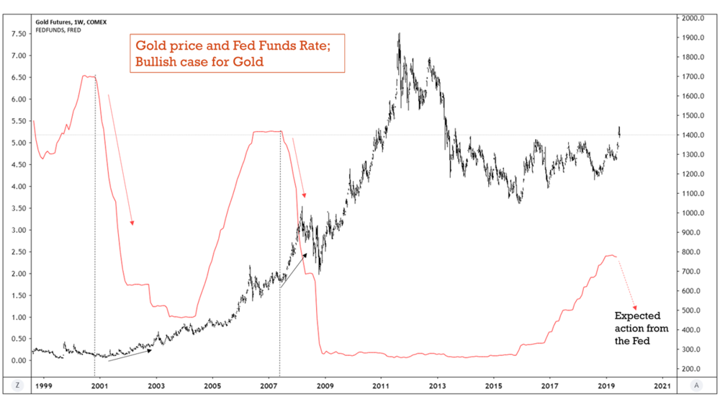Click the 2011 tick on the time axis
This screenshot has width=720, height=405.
click(381, 386)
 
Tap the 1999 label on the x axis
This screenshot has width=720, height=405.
click(43, 386)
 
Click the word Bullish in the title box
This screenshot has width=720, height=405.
click(154, 62)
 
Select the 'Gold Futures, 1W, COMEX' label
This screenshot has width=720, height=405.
click(71, 22)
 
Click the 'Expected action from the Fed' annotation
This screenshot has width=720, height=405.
click(641, 328)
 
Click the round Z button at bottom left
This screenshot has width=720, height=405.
click(17, 386)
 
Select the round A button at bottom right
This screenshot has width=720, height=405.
click(696, 386)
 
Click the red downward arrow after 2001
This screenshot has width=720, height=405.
click(120, 159)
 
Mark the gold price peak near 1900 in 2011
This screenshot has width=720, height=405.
click(399, 34)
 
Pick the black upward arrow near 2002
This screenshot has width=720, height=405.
click(130, 355)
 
